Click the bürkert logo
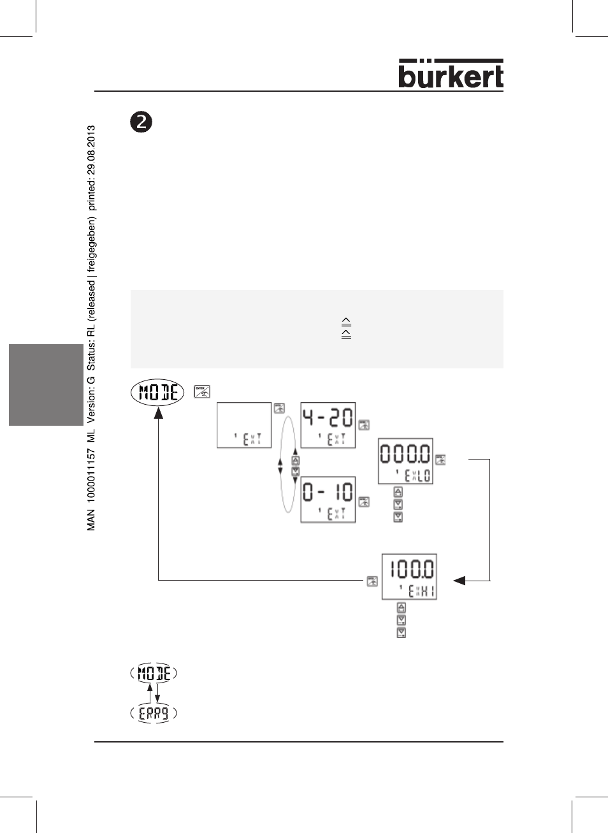coord(451,74)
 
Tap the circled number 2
coord(141,122)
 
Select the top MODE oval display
coord(157,392)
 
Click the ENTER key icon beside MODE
coord(201,391)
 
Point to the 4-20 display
coord(328,424)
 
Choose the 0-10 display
coord(328,499)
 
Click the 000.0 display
coord(405,461)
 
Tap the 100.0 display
coord(409,576)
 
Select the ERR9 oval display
coord(154,713)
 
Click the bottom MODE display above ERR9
coord(154,672)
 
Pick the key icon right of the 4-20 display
coord(364,425)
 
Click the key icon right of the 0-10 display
coord(364,502)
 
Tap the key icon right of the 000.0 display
coord(440,460)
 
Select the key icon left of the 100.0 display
coord(372,581)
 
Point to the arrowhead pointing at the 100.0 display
coord(459,581)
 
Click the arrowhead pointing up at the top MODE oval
coord(159,413)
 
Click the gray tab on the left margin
coord(46,384)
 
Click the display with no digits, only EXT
coord(244,424)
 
